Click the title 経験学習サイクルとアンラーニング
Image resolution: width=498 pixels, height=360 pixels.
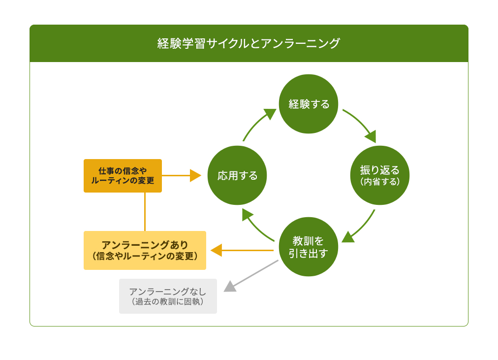[249, 43]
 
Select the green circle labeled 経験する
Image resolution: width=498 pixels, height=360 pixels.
[309, 104]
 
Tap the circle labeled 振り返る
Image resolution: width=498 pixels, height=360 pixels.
[379, 175]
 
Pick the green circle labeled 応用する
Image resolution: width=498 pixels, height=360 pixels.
[237, 175]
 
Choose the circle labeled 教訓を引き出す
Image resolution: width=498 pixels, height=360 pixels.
[309, 247]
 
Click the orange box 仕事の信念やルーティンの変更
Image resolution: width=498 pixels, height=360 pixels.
[123, 176]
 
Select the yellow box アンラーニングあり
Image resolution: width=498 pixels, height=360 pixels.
[145, 250]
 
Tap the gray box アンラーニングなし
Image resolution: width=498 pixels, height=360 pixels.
[168, 296]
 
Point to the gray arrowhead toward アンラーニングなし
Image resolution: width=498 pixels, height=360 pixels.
[230, 286]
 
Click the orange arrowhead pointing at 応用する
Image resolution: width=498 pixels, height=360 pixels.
[195, 176]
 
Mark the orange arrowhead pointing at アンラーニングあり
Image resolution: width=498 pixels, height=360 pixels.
[217, 250]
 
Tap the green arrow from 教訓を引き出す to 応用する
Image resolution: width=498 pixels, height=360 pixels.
[255, 226]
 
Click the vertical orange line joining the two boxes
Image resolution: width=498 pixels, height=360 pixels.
[145, 212]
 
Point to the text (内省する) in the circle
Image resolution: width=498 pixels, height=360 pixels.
[379, 182]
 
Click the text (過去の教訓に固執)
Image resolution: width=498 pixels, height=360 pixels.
[168, 301]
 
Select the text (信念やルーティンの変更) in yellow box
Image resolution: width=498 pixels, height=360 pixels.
[145, 256]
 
